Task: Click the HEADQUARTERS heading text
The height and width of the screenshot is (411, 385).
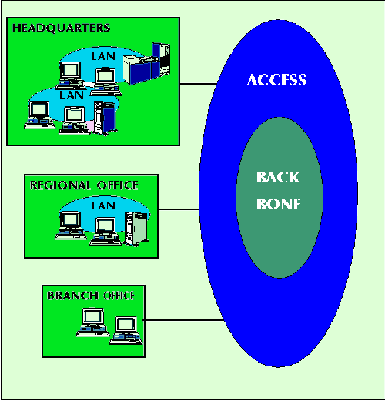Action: pos(62,28)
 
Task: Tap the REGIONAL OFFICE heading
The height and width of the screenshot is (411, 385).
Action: pos(84,185)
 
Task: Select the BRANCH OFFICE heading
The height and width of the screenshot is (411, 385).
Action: pos(91,296)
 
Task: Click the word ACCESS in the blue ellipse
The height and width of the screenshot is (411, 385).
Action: pos(276,80)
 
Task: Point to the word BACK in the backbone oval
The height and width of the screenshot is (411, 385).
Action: pos(278,177)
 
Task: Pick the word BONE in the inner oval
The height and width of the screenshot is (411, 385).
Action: pos(279,204)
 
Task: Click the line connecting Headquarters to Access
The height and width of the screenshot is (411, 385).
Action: pos(198,84)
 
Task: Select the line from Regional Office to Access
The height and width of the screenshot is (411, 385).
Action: pos(179,209)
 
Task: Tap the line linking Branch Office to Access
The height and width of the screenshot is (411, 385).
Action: pos(183,320)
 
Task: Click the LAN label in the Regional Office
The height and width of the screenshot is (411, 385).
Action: pos(103,205)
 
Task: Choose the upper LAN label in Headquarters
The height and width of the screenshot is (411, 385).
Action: pos(103,56)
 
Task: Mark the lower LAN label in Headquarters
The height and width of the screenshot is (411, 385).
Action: pos(72,95)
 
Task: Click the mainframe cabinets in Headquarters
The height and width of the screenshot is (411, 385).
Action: pos(147,64)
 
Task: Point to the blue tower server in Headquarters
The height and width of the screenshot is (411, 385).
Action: pos(105,118)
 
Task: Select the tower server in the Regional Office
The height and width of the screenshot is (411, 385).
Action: pos(136,229)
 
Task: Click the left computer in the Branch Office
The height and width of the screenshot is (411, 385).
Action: pos(93,322)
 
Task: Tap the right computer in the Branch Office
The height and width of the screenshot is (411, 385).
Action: pos(126,330)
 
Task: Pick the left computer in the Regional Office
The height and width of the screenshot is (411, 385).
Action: pos(71,226)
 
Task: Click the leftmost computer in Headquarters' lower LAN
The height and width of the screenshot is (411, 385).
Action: pos(40,115)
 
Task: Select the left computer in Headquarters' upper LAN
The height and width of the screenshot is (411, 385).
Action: pos(71,75)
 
